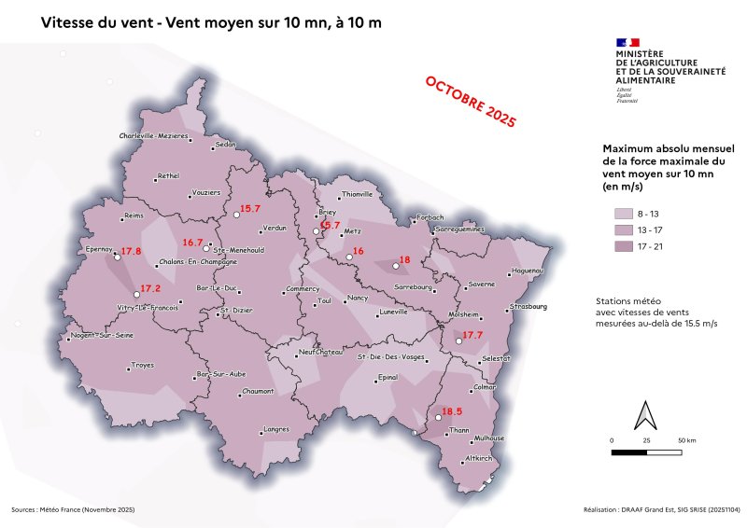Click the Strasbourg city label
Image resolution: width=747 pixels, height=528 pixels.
tap(529, 306)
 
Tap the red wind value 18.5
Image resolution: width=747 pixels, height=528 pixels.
tap(452, 411)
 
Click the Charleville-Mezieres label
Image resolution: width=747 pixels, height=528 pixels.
tap(154, 136)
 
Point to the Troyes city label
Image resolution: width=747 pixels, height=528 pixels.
tap(143, 365)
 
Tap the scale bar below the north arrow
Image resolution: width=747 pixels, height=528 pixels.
tap(647, 452)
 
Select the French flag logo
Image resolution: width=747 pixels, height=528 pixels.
tap(627, 42)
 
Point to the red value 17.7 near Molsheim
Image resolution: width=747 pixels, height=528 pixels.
tap(472, 335)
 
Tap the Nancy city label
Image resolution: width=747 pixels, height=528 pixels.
tap(357, 298)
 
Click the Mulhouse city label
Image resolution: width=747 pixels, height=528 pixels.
tap(489, 438)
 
